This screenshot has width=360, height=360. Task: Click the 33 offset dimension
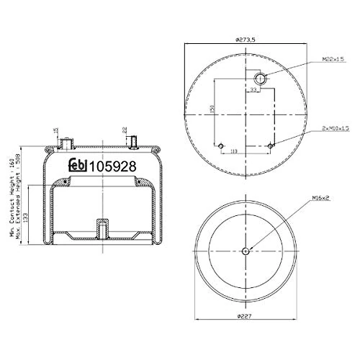click(x=253, y=91)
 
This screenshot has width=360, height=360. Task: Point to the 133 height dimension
click(x=27, y=214)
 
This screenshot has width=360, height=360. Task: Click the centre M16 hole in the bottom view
click(x=246, y=251)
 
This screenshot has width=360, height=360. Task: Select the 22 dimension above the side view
click(x=124, y=130)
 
